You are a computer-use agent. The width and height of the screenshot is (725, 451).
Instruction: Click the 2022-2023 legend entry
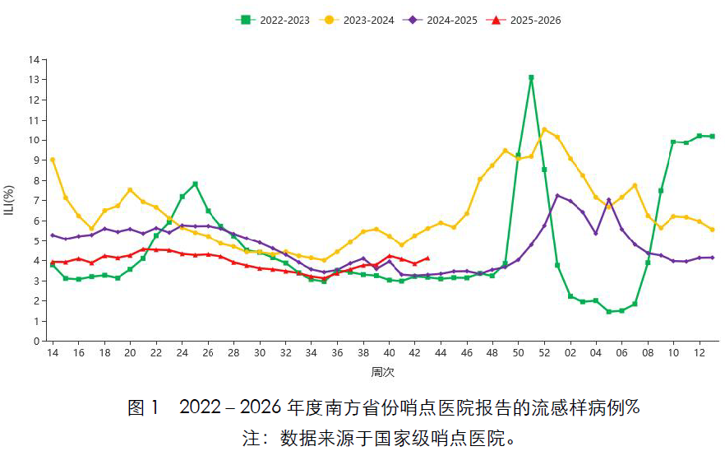(270, 20)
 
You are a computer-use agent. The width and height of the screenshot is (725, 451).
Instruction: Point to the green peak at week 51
(531, 77)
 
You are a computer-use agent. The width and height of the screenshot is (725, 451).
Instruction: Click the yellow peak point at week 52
(544, 129)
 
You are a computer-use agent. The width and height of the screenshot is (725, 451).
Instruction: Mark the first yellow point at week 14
(53, 160)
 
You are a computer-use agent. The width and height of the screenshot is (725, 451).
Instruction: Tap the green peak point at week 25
(195, 184)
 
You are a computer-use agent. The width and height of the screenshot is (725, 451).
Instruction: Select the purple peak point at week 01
(557, 195)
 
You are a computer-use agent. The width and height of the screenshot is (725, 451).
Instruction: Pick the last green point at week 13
(712, 137)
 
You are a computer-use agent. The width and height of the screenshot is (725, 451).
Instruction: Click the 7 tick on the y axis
(36, 201)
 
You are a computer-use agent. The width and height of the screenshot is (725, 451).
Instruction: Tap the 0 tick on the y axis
(36, 341)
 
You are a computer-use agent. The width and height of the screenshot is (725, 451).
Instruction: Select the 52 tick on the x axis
(544, 353)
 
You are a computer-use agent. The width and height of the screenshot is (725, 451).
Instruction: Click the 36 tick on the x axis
(337, 353)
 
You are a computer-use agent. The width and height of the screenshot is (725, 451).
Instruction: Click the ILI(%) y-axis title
(10, 200)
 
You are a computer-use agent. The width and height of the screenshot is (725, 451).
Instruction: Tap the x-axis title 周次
(382, 372)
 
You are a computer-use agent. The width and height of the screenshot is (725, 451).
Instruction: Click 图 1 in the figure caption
(142, 407)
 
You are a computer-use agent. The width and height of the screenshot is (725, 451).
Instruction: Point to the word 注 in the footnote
(250, 437)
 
